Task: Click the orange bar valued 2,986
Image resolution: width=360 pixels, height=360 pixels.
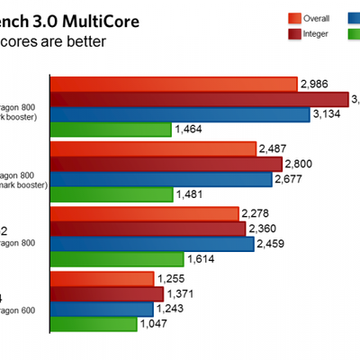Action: click(x=174, y=85)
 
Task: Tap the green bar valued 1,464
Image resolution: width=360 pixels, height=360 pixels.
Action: click(x=111, y=130)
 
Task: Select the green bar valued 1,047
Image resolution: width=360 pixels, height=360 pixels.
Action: click(x=94, y=323)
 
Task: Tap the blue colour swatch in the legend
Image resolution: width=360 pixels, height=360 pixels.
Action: click(x=353, y=17)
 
